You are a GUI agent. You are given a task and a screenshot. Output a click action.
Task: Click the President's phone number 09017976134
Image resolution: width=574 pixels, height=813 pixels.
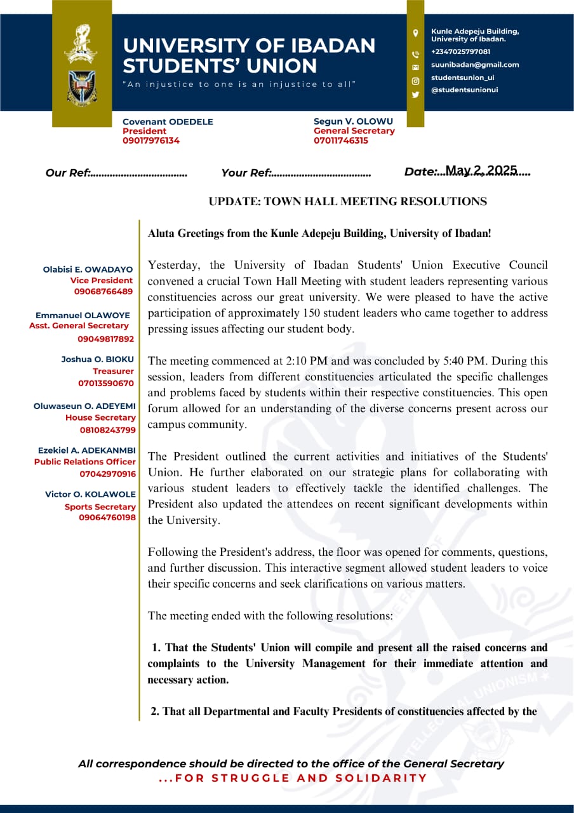click(x=151, y=141)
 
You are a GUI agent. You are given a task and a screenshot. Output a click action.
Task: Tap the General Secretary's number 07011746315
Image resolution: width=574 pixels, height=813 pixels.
click(x=341, y=141)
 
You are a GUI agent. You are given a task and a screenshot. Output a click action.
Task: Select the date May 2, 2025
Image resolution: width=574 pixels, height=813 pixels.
click(x=481, y=170)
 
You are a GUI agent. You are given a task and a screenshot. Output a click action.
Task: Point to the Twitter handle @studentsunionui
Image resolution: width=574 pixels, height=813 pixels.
click(x=465, y=90)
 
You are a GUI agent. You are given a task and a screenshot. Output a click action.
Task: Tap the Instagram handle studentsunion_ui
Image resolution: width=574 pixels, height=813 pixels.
click(x=463, y=77)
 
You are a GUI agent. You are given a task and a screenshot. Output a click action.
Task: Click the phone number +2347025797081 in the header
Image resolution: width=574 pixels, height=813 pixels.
click(x=461, y=52)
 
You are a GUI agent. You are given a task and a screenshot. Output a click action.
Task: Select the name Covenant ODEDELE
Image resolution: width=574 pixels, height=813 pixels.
click(x=168, y=122)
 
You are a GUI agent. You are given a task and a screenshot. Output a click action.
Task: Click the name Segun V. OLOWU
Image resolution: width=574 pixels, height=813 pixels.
click(x=354, y=121)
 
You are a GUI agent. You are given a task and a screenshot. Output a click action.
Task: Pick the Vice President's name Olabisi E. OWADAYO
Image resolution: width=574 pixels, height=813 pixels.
click(x=88, y=270)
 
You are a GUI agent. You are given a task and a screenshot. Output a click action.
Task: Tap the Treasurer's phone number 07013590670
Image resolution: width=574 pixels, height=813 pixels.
click(x=106, y=384)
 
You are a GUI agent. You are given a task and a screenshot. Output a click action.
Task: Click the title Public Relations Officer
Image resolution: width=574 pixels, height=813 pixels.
click(x=85, y=462)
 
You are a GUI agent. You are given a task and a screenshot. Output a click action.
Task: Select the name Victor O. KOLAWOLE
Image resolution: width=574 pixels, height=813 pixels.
click(x=90, y=494)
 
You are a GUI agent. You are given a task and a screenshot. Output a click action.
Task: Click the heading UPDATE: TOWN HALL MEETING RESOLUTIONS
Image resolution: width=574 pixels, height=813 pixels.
click(x=348, y=202)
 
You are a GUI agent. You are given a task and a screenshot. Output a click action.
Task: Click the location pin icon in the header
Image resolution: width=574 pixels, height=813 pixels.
click(x=415, y=33)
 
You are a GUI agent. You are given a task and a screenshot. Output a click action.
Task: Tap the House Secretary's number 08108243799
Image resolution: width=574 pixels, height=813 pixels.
click(x=108, y=430)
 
